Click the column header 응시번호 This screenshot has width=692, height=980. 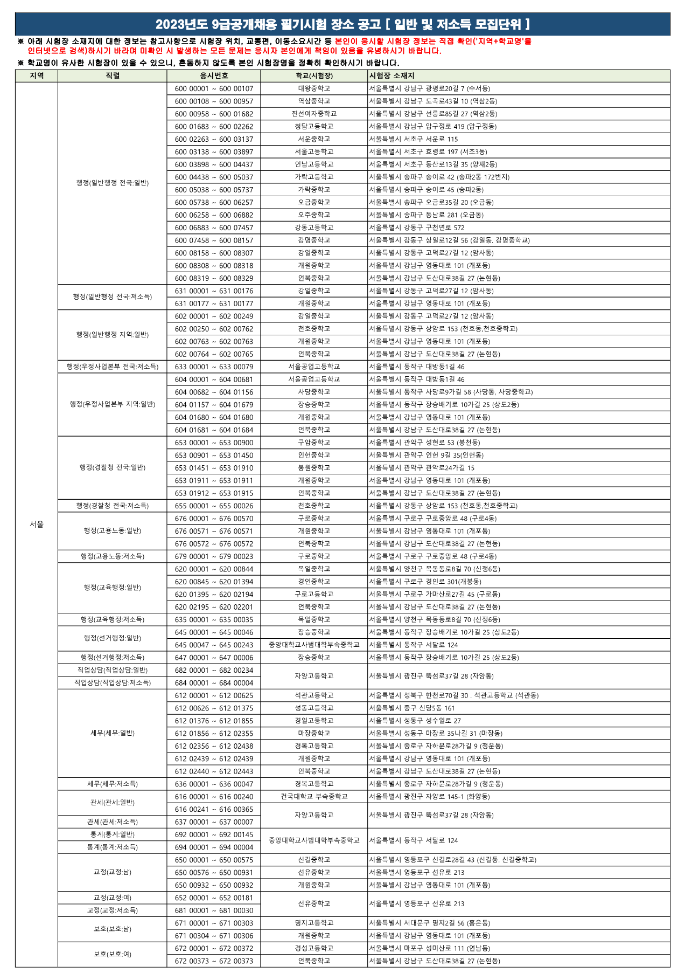tap(214, 76)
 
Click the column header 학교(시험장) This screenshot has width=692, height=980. tap(314, 76)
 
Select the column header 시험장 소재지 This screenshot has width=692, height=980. tap(392, 76)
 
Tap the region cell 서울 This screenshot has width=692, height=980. tap(37, 524)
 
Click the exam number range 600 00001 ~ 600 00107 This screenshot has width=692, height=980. tap(214, 88)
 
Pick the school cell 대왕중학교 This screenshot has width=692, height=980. tap(314, 88)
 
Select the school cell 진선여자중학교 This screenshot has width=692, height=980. tap(314, 114)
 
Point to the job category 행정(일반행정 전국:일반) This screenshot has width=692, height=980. tap(112, 183)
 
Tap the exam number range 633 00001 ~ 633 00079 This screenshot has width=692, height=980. tap(214, 367)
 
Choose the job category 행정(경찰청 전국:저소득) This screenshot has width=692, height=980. tap(112, 506)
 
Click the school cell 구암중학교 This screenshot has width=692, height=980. tap(314, 443)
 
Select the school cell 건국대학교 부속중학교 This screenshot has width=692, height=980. tap(314, 796)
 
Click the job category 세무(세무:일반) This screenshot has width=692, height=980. tap(112, 733)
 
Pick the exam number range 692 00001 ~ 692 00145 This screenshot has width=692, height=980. tap(214, 834)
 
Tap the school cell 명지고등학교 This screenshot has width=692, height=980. tap(314, 923)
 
